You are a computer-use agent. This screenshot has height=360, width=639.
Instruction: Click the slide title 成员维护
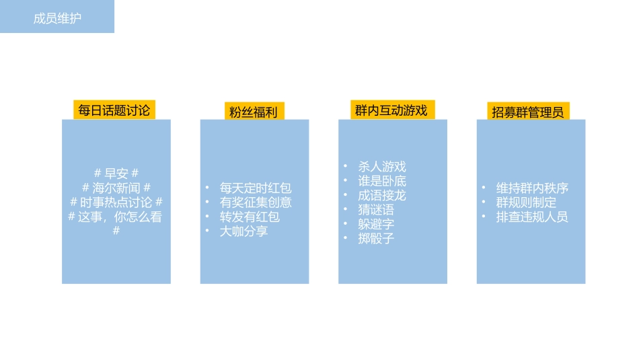tap(57, 18)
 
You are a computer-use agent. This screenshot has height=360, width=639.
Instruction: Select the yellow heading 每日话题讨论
tap(114, 110)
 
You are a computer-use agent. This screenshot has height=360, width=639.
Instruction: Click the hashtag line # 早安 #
tap(116, 173)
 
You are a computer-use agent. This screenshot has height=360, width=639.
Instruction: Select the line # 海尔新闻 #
tap(116, 188)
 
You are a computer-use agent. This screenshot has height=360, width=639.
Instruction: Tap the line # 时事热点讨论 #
tap(116, 203)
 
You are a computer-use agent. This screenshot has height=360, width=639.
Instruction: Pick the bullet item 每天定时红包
tap(256, 188)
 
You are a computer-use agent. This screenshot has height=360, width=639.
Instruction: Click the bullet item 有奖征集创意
tap(256, 203)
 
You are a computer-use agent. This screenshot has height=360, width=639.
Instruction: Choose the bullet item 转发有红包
tap(250, 217)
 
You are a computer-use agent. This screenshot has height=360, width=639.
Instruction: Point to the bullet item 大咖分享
tap(243, 231)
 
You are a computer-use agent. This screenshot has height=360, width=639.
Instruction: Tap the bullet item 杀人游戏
tap(382, 167)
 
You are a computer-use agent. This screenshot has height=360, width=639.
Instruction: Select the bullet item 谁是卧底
tap(382, 181)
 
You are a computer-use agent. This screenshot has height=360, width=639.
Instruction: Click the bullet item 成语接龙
tap(382, 196)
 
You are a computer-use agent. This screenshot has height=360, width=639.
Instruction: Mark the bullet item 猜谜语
tap(376, 210)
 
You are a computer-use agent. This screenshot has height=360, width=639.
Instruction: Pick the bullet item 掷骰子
tap(376, 238)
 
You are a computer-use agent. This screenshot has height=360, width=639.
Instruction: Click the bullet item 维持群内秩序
tap(532, 188)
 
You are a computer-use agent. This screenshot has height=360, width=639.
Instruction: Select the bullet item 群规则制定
tap(526, 203)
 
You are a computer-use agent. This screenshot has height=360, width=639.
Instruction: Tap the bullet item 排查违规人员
tap(532, 217)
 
